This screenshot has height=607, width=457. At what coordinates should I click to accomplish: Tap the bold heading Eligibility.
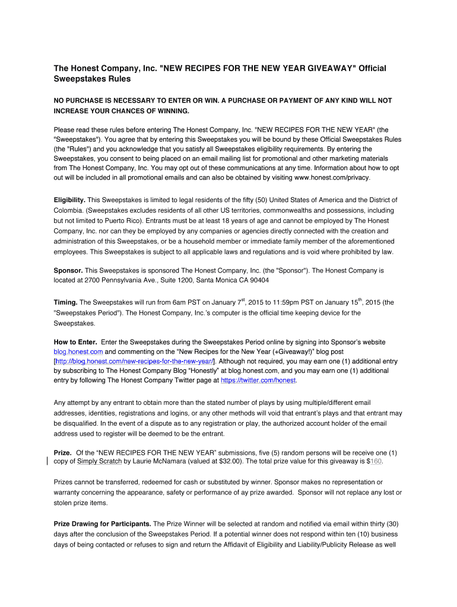pos(69,200)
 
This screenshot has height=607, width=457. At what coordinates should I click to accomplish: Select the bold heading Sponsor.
pos(68,270)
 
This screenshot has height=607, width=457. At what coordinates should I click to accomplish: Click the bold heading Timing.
pos(65,303)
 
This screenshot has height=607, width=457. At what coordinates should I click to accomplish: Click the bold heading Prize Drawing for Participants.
pos(103,524)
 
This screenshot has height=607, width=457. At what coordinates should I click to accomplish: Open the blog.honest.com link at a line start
pos(78,352)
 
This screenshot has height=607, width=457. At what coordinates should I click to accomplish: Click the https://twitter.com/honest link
pos(258,380)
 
